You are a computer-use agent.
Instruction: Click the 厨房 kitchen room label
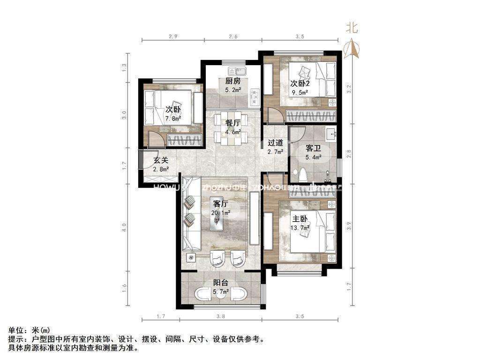(x=233, y=80)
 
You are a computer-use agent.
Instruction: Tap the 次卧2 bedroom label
(x=300, y=83)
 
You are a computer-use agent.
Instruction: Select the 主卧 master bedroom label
(x=300, y=218)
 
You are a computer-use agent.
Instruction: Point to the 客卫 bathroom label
(x=313, y=148)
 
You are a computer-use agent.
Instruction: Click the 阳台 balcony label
(x=221, y=283)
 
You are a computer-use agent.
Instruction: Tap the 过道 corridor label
(x=275, y=143)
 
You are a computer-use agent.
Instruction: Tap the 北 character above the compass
(x=352, y=28)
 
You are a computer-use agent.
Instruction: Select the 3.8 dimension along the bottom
(x=221, y=316)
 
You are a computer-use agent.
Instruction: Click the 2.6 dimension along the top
(x=232, y=36)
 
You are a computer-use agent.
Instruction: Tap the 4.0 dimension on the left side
(x=125, y=227)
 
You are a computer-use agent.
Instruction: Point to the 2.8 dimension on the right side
(x=348, y=153)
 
